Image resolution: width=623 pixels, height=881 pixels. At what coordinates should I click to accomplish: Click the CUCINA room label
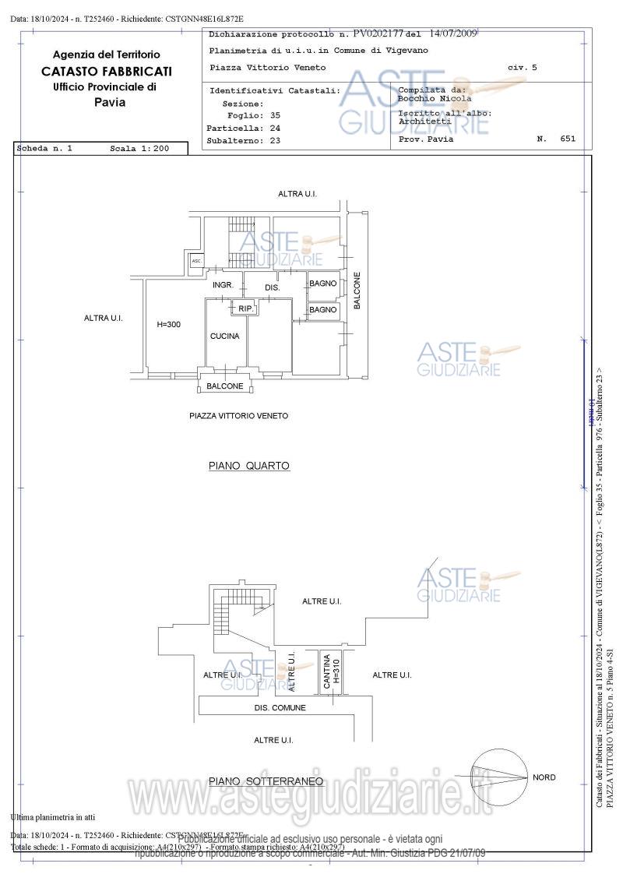224,337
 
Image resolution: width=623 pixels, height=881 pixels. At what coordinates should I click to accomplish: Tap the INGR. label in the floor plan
224,285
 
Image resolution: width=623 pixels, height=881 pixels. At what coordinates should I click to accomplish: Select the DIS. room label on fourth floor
272,287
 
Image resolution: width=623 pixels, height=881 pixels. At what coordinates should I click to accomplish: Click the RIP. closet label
245,309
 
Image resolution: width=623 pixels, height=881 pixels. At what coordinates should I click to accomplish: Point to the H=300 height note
168,324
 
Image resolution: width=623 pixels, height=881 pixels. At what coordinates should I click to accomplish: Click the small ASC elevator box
196,261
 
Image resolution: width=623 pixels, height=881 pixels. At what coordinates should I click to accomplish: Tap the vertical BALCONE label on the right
357,291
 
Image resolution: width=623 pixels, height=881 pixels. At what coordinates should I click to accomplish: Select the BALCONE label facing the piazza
224,386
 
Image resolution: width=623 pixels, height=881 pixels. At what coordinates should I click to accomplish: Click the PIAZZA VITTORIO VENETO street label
238,416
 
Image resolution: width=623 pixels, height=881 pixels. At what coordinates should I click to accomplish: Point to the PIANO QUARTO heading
248,466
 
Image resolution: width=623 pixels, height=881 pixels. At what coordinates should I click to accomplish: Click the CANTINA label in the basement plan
327,672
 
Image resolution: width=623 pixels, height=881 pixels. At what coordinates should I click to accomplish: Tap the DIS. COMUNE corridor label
280,708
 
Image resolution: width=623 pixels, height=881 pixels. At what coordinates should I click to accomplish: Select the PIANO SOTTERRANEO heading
266,781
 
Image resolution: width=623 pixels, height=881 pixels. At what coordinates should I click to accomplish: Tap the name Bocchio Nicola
435,99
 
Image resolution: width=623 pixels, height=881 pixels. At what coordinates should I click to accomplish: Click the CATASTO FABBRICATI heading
107,71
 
